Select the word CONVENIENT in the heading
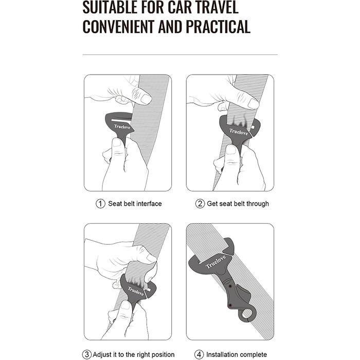click(x=118, y=27)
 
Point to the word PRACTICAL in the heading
click(x=218, y=27)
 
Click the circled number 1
click(x=100, y=204)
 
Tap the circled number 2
click(x=200, y=204)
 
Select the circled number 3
click(x=87, y=354)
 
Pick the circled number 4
click(x=199, y=354)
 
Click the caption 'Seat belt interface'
click(x=135, y=204)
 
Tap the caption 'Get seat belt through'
click(x=238, y=204)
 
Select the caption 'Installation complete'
click(x=237, y=355)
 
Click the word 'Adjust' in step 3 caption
click(x=103, y=355)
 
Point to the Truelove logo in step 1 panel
click(x=122, y=127)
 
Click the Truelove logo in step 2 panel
click(x=239, y=132)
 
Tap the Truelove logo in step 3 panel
click(x=136, y=291)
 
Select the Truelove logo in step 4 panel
click(x=216, y=262)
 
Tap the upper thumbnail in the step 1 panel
click(x=146, y=99)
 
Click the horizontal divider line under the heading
click(x=180, y=55)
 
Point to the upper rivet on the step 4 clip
click(x=230, y=286)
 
